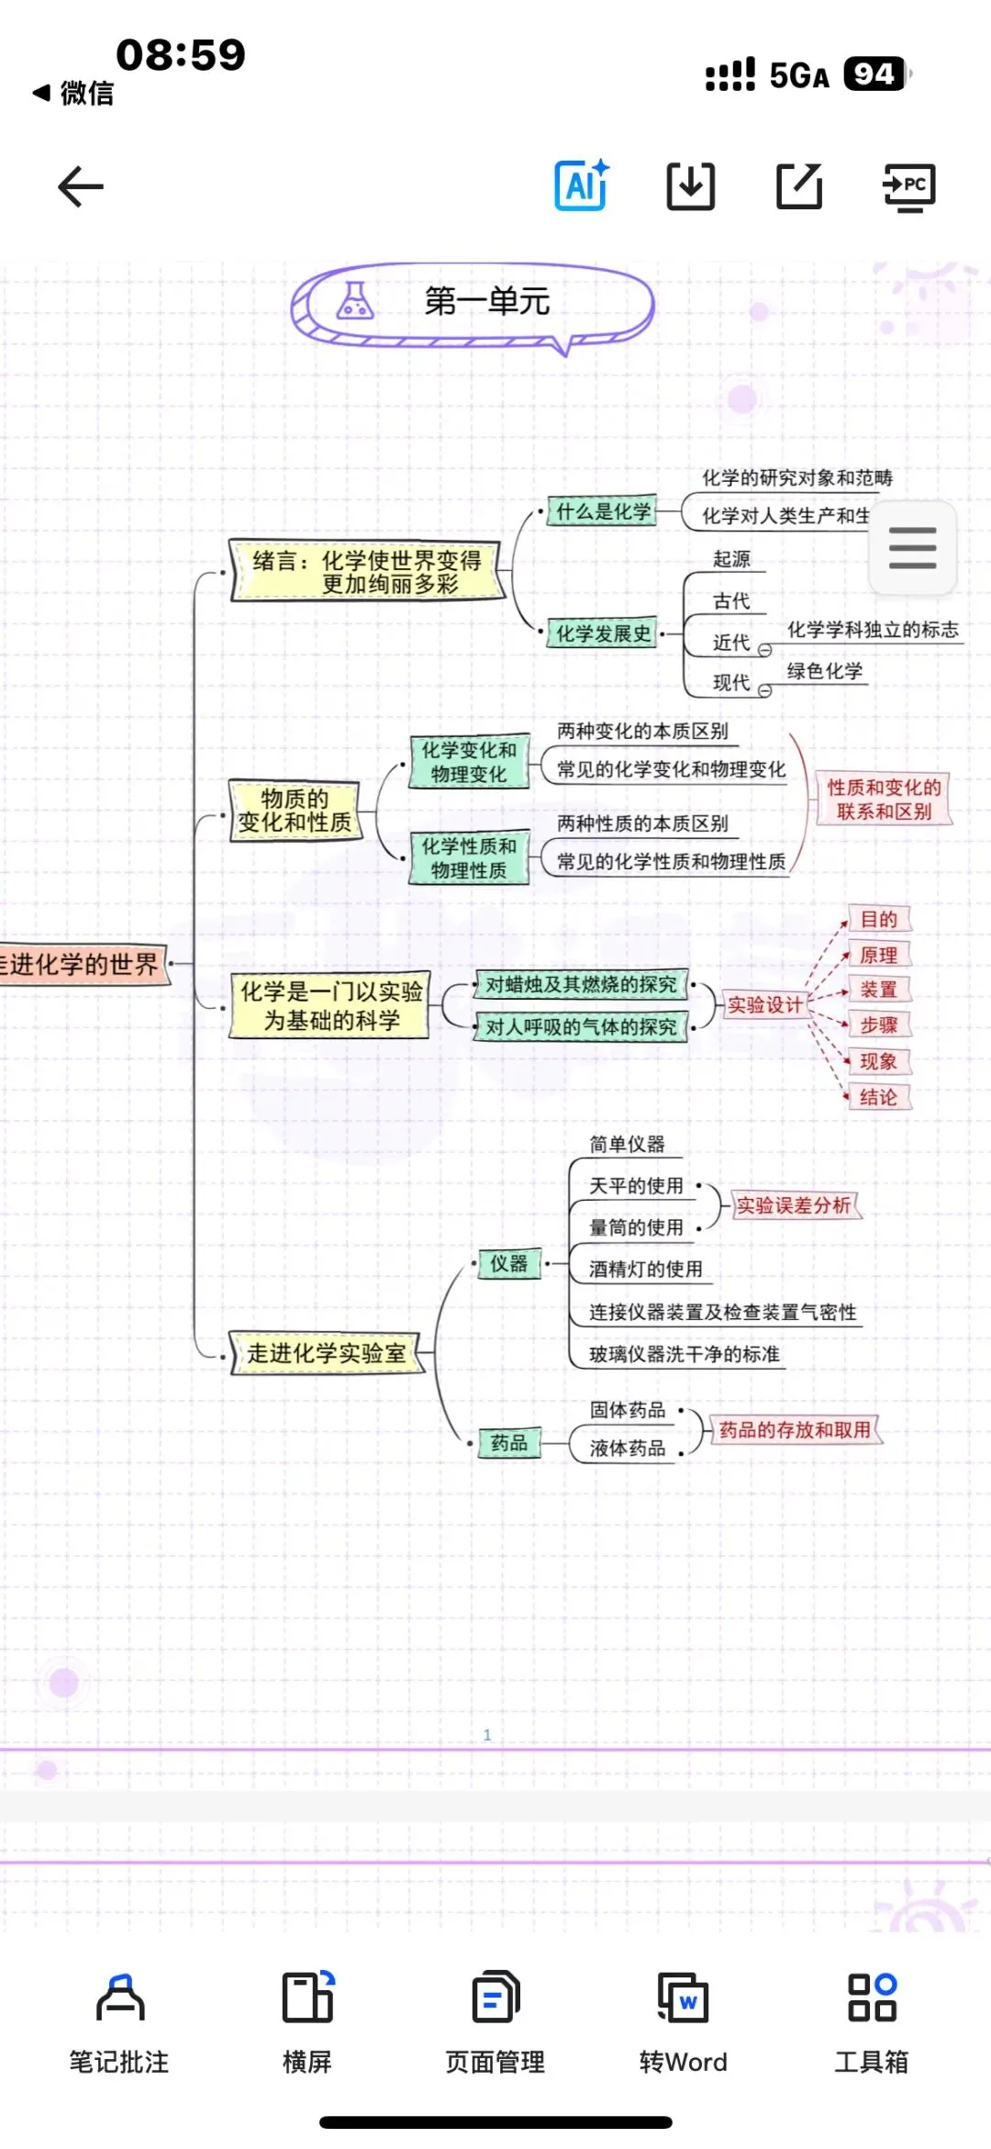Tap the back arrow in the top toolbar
coord(81,187)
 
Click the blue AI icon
coord(582,185)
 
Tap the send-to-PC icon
coord(908,187)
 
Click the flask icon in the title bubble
coord(355,300)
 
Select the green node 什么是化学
coord(603,512)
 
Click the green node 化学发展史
coord(603,633)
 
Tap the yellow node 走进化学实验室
coord(326,1353)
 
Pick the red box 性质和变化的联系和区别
coord(884,800)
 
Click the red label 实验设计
coord(764,1005)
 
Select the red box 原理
coord(878,956)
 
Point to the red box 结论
coord(878,1097)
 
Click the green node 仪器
coord(509,1264)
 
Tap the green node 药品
coord(509,1443)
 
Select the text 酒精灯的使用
coord(645,1270)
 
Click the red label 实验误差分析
coord(794,1205)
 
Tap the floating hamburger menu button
coord(912,548)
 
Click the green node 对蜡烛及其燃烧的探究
coord(581,985)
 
